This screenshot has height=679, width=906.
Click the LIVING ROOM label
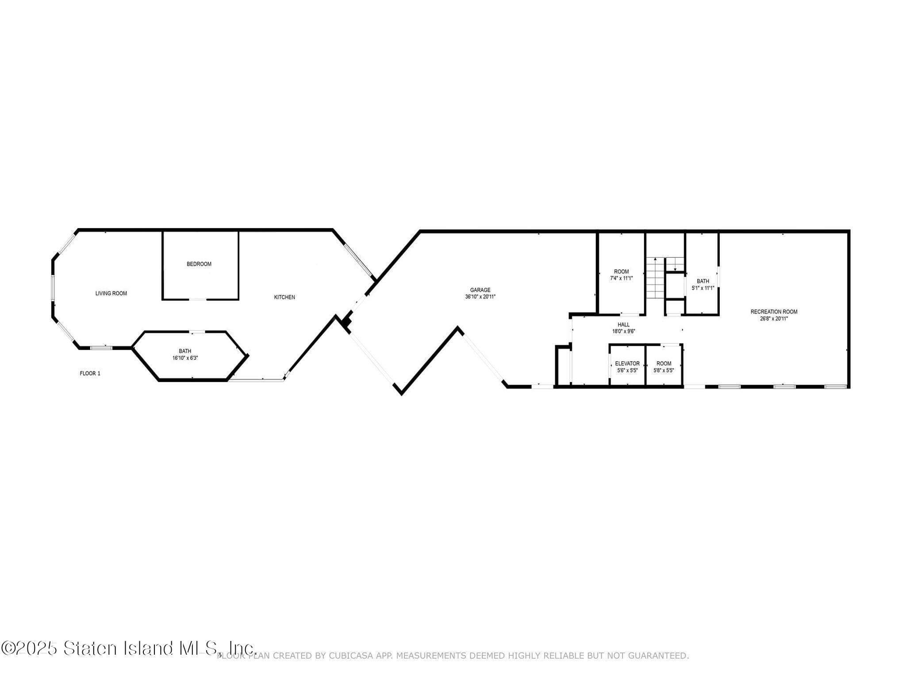click(111, 293)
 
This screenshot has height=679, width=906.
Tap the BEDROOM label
click(199, 264)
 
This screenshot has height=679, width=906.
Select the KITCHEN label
click(284, 297)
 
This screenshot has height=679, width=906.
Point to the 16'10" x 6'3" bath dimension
click(185, 358)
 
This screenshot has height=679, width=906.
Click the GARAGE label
click(480, 290)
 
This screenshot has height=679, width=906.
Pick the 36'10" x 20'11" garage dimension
click(480, 297)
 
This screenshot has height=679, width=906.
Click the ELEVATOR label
click(627, 363)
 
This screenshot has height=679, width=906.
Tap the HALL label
click(623, 324)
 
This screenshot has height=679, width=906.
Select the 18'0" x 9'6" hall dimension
click(623, 331)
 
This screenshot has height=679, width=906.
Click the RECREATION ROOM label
click(774, 312)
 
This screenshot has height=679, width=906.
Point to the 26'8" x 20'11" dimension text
click(774, 318)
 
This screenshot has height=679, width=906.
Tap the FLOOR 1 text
click(90, 374)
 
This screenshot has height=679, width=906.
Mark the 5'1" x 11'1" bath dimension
click(703, 288)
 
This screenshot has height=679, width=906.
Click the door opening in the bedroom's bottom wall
click(198, 300)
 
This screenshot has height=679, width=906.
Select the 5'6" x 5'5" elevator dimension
click(627, 370)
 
